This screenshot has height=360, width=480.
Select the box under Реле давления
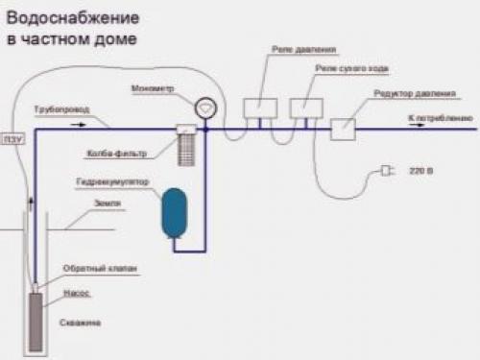click(x=258, y=107)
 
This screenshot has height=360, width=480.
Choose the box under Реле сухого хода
click(x=304, y=108)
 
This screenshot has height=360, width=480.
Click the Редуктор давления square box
click(x=344, y=128)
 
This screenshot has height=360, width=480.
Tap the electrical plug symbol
click(x=385, y=170)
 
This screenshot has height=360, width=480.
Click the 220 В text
click(x=421, y=170)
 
